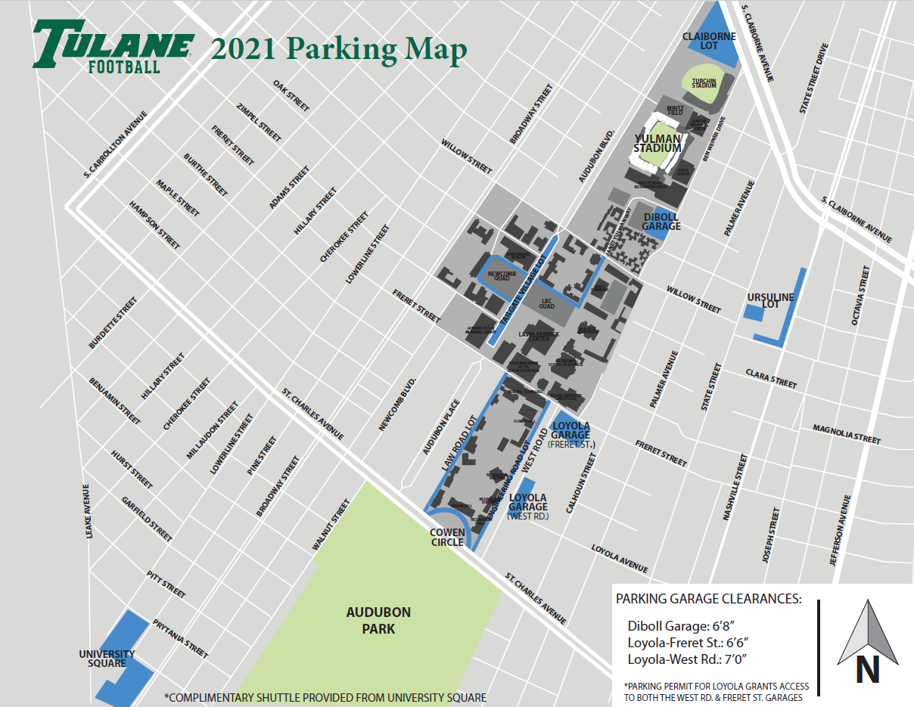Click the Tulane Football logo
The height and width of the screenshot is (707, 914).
112,46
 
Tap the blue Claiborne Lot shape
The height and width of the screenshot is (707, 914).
715,38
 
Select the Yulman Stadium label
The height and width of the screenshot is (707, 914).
657,144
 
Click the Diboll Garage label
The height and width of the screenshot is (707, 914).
661,222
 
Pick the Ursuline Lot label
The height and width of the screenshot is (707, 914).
769,300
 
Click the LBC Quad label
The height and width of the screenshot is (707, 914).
547,302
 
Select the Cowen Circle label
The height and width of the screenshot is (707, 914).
447,537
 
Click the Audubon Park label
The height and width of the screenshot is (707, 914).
378,620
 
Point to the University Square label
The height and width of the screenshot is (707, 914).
107,658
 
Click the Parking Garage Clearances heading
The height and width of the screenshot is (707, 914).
708,599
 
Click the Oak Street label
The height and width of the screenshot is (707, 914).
291,95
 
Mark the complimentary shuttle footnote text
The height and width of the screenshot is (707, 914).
325,697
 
